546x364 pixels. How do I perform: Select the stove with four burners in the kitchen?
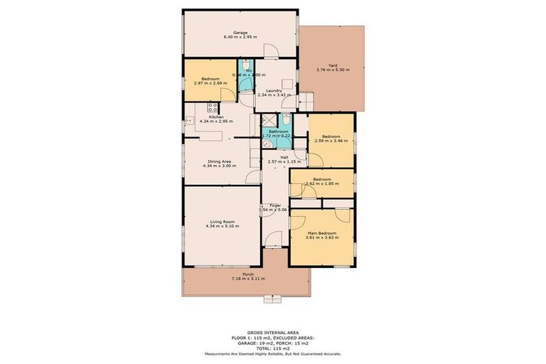[x=212, y=108]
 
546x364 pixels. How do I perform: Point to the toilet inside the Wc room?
[x=246, y=82]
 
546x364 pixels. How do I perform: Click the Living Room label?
[x=220, y=222]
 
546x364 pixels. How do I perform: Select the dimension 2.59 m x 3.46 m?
[x=332, y=141]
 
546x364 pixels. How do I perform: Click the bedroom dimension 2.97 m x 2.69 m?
[x=210, y=83]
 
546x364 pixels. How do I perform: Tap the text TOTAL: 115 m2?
[x=272, y=348]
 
